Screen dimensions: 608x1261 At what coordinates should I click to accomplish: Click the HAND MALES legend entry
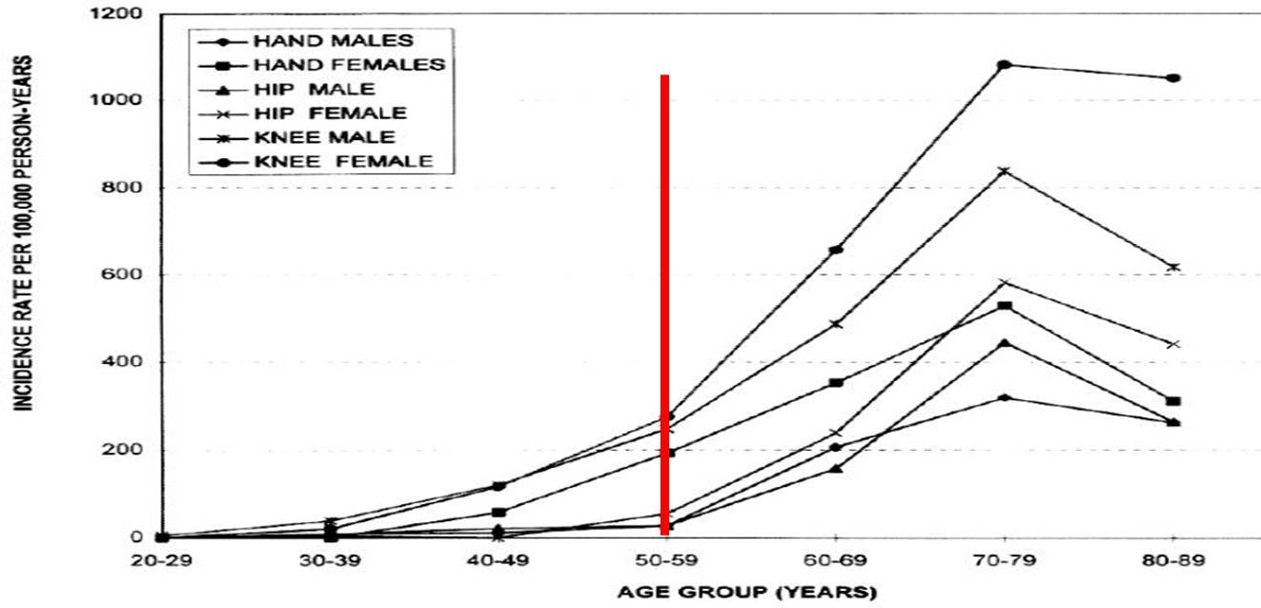tap(334, 41)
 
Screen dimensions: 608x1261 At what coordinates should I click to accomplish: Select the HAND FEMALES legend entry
tap(349, 65)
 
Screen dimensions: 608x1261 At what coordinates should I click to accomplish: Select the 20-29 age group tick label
tap(162, 561)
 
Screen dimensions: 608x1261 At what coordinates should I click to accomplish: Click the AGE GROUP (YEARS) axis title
tap(746, 593)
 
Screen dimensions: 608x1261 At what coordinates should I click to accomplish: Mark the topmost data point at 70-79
tap(1004, 65)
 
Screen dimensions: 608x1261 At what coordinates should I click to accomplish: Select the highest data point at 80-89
tap(1173, 78)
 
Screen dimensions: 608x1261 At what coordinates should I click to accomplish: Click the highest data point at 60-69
tap(836, 250)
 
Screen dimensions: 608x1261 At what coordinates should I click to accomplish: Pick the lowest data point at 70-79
tap(1004, 397)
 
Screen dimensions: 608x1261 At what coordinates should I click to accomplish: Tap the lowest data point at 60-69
tap(836, 469)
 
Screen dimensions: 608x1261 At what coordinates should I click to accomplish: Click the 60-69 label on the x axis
tap(836, 561)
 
